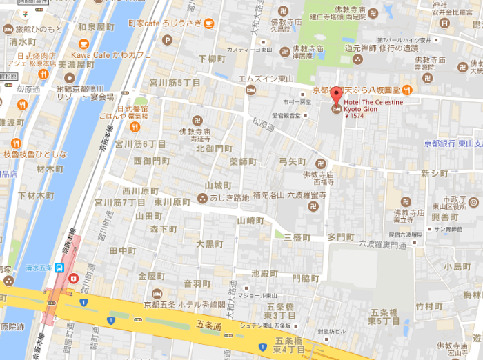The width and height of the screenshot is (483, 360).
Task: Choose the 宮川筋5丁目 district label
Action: coord(175,83)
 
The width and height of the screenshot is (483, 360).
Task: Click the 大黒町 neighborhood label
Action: coord(210,243)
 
